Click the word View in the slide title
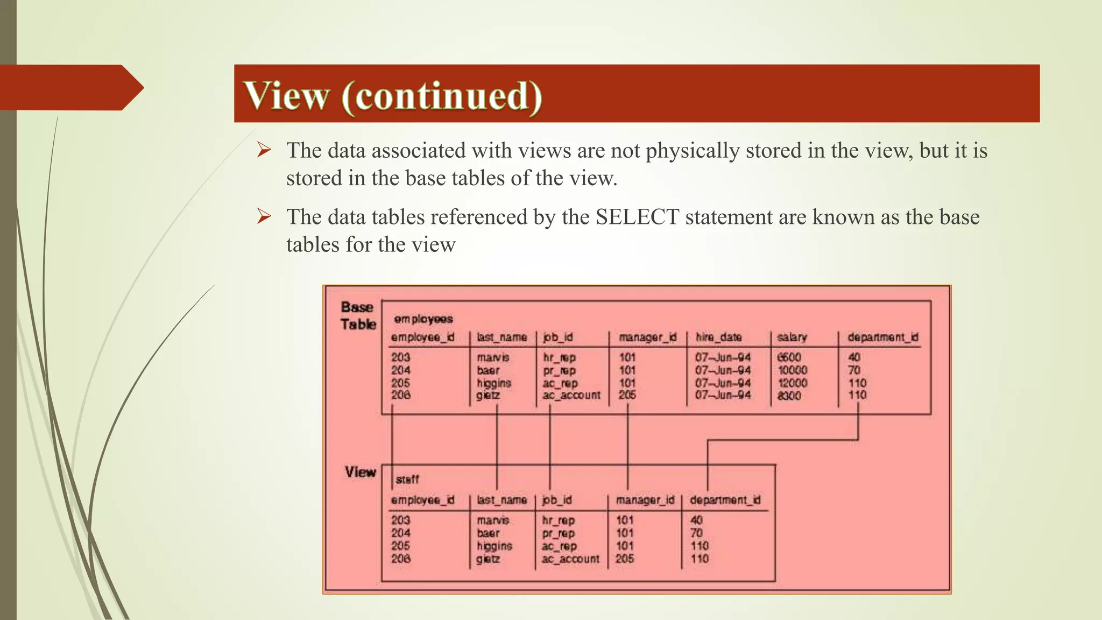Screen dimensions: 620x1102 coord(286,95)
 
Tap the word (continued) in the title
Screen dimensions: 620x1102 coord(442,95)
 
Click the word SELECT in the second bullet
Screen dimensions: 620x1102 coord(637,217)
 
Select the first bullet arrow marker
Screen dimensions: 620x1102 coord(264,150)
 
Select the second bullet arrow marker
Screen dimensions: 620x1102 coord(264,216)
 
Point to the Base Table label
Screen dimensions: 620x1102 coord(358,315)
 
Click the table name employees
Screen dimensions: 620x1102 coord(423,319)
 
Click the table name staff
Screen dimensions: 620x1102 coord(407,479)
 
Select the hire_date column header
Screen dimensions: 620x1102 coord(719,337)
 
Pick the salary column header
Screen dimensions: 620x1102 coord(792,337)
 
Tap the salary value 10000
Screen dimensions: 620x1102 coord(793,370)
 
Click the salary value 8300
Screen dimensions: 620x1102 coord(789,396)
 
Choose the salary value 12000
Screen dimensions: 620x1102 coord(793,383)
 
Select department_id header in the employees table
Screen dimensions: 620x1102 coord(883,337)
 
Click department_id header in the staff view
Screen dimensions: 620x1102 coord(725,500)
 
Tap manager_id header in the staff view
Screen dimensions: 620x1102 coord(645,500)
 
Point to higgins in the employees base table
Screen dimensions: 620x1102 coord(494,383)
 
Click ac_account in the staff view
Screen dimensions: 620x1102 coord(570,559)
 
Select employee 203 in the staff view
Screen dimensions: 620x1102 coord(401,520)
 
